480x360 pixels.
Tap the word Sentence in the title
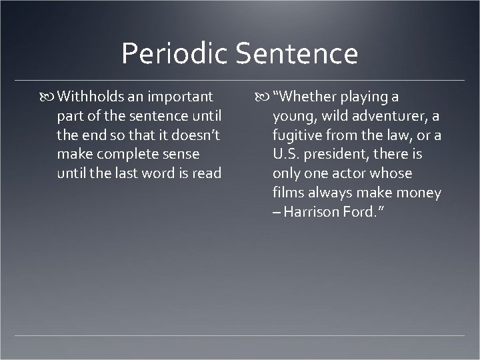coord(297,54)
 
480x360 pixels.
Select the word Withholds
coord(89,97)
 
